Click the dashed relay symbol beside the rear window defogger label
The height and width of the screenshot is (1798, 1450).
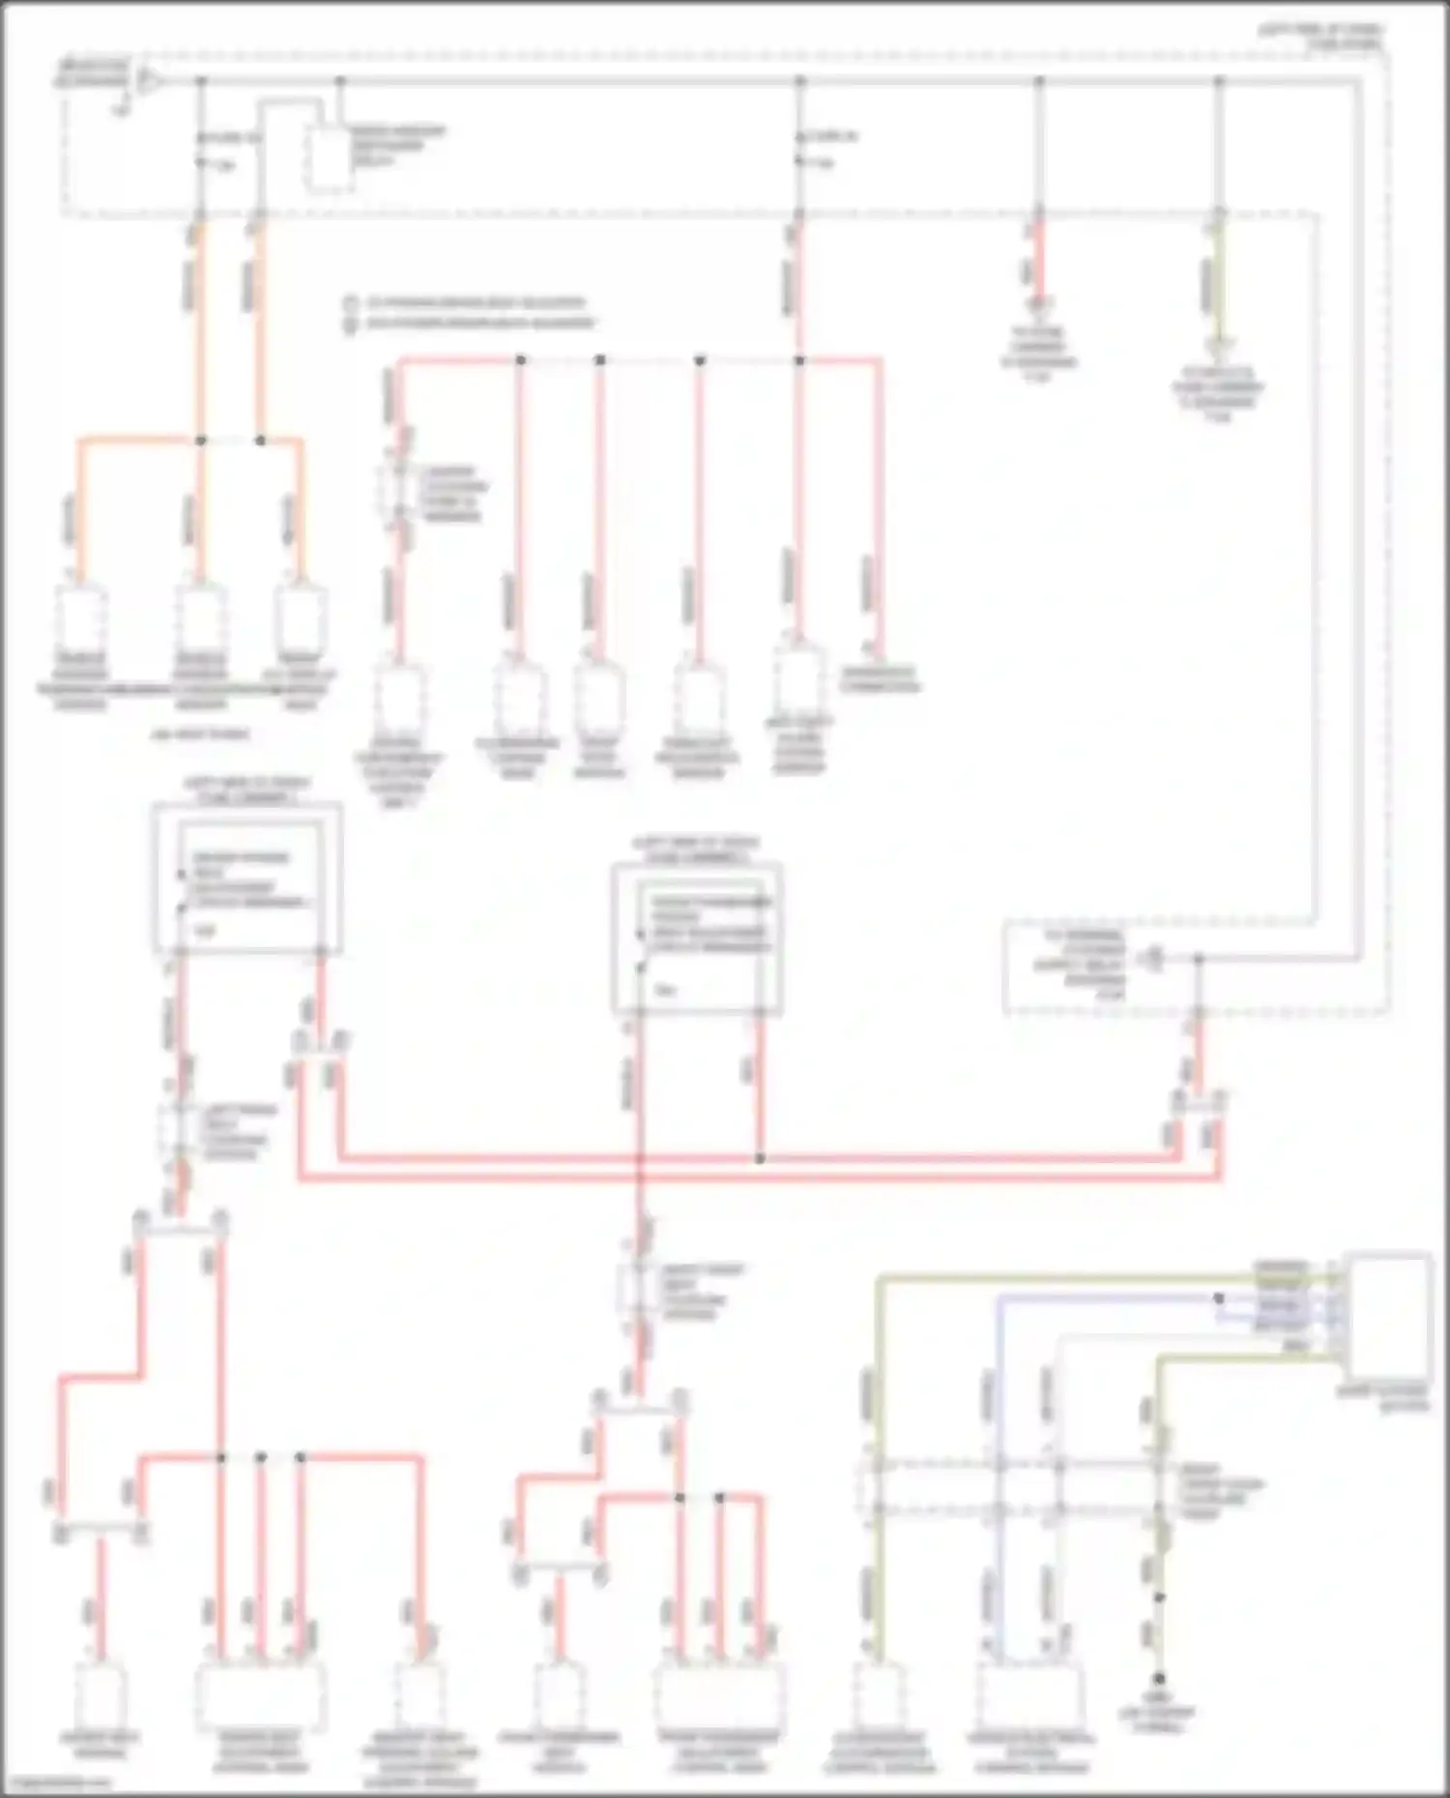click(328, 158)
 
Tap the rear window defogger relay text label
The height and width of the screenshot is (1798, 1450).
click(396, 145)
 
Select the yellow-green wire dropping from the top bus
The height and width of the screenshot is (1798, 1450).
click(1219, 280)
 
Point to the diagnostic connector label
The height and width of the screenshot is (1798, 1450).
click(879, 680)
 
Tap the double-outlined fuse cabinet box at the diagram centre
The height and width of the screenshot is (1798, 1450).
click(696, 937)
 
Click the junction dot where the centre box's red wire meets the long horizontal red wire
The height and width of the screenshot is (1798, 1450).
click(760, 1157)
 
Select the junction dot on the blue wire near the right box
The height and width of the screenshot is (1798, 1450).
click(1218, 1299)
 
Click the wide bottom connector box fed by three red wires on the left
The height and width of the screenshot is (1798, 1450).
click(260, 1698)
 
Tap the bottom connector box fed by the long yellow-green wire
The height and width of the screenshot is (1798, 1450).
click(879, 1697)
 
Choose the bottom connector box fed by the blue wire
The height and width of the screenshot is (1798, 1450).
click(1029, 1698)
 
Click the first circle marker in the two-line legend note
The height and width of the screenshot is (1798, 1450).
click(352, 303)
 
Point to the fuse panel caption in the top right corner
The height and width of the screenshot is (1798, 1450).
click(1319, 37)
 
